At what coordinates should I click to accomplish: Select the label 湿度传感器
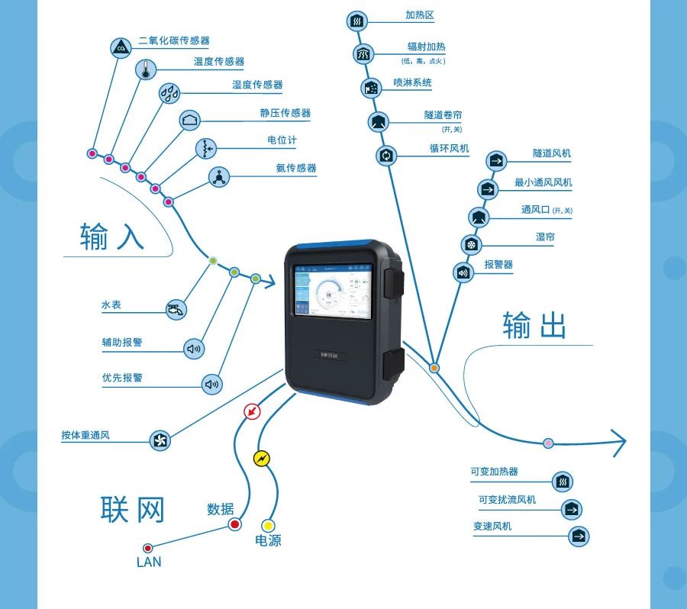(x=257, y=85)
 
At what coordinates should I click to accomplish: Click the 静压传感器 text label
(x=285, y=113)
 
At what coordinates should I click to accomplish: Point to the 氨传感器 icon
(x=219, y=177)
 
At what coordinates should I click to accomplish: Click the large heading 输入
(x=111, y=237)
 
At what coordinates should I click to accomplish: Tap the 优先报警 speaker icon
(x=212, y=385)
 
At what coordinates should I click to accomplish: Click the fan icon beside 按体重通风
(x=160, y=440)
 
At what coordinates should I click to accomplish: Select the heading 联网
(x=133, y=509)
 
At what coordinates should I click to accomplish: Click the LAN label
(x=149, y=562)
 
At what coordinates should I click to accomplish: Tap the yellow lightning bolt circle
(x=262, y=459)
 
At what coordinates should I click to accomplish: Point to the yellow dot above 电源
(x=268, y=526)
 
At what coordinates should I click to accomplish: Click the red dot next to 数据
(x=234, y=524)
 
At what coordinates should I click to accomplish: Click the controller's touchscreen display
(x=331, y=291)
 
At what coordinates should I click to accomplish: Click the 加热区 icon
(x=357, y=21)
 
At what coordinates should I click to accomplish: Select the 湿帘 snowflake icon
(x=472, y=244)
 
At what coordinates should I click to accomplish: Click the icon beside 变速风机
(x=579, y=536)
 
